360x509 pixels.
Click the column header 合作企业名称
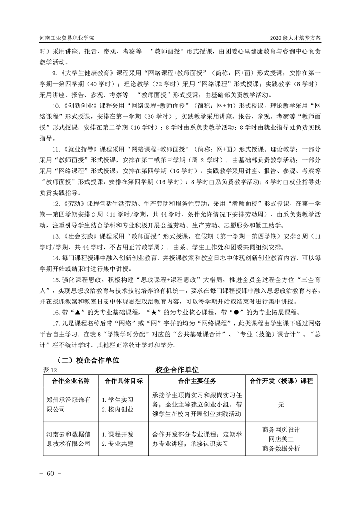(x=71, y=381)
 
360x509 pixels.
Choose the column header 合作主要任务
(x=197, y=381)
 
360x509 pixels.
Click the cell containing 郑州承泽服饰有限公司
(x=69, y=405)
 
